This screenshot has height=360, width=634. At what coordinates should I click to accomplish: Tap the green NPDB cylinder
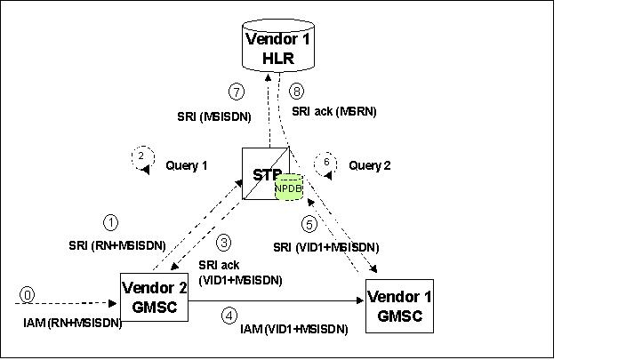289,188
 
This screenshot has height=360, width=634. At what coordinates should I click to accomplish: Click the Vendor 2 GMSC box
153,295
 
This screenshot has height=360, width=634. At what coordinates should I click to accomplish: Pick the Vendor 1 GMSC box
399,305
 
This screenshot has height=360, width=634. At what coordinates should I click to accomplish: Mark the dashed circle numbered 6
327,164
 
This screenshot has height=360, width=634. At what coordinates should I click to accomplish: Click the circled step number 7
236,92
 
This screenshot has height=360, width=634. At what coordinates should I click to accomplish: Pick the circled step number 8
297,91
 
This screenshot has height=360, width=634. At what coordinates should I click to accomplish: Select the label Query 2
369,164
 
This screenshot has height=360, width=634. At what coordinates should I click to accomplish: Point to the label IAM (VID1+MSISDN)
293,329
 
